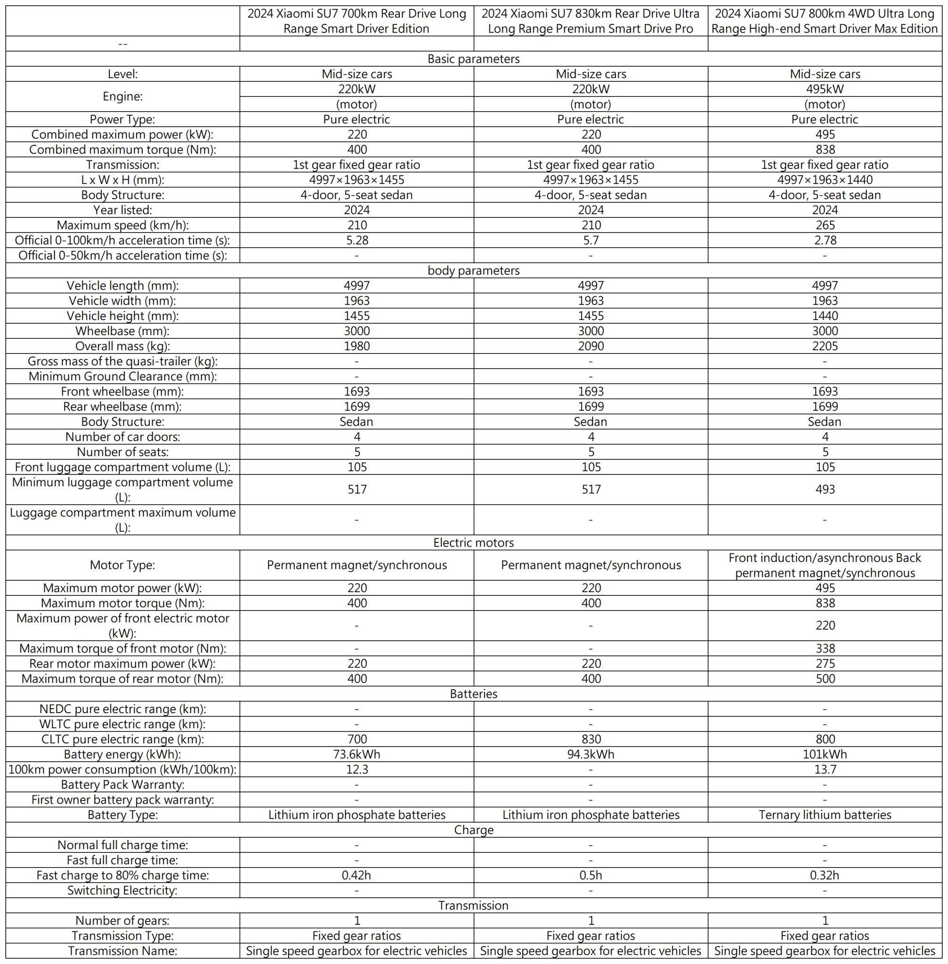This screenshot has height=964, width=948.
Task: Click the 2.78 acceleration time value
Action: (x=825, y=241)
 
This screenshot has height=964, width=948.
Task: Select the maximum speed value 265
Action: (x=825, y=225)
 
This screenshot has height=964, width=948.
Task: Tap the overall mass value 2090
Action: (x=591, y=346)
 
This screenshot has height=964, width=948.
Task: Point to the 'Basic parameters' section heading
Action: (x=473, y=59)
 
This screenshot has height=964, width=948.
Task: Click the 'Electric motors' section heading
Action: (x=473, y=542)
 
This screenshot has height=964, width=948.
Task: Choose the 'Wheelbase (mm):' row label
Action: (x=122, y=331)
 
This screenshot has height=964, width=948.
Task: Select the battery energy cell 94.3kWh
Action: (x=591, y=754)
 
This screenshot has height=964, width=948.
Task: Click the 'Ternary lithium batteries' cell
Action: (x=825, y=815)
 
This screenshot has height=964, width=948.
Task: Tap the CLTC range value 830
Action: (x=591, y=739)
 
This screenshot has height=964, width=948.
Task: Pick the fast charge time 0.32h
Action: (x=825, y=875)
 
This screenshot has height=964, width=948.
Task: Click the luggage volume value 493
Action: (x=825, y=489)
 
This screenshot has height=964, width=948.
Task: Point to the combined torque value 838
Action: (x=825, y=149)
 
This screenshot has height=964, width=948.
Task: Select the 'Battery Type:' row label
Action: (x=122, y=815)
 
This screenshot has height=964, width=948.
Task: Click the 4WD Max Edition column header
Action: (x=825, y=21)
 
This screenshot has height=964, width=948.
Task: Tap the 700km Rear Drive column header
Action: (x=357, y=21)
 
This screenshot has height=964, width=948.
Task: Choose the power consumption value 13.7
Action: (x=825, y=770)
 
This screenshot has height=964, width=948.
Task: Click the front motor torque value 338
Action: (x=825, y=648)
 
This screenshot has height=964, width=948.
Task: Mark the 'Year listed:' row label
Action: (x=122, y=210)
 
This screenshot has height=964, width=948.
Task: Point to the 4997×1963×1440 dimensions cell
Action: (x=825, y=180)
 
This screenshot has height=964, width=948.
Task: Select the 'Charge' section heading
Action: (x=473, y=830)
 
